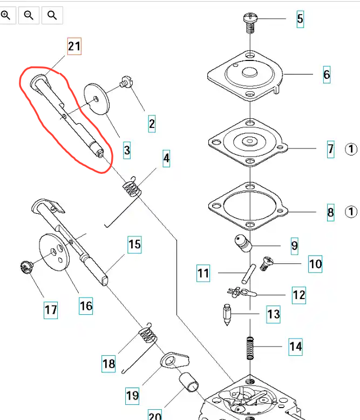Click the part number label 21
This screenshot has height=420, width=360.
(x=74, y=46)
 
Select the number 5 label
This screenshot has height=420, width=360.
(x=300, y=20)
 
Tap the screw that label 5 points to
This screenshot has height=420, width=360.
(x=250, y=21)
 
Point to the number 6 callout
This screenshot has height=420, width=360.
(x=327, y=74)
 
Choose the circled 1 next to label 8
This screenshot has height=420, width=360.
(x=351, y=211)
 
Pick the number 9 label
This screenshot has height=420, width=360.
(x=294, y=246)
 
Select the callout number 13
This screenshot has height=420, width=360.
(x=274, y=313)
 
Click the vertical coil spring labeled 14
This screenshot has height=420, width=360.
(x=250, y=343)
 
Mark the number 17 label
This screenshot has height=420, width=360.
(x=51, y=310)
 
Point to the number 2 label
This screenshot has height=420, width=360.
(x=152, y=124)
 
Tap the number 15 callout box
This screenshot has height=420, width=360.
(x=134, y=245)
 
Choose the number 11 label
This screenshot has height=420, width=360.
(x=203, y=274)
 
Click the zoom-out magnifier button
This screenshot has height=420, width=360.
(x=29, y=16)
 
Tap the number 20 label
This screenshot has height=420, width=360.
(x=155, y=415)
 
